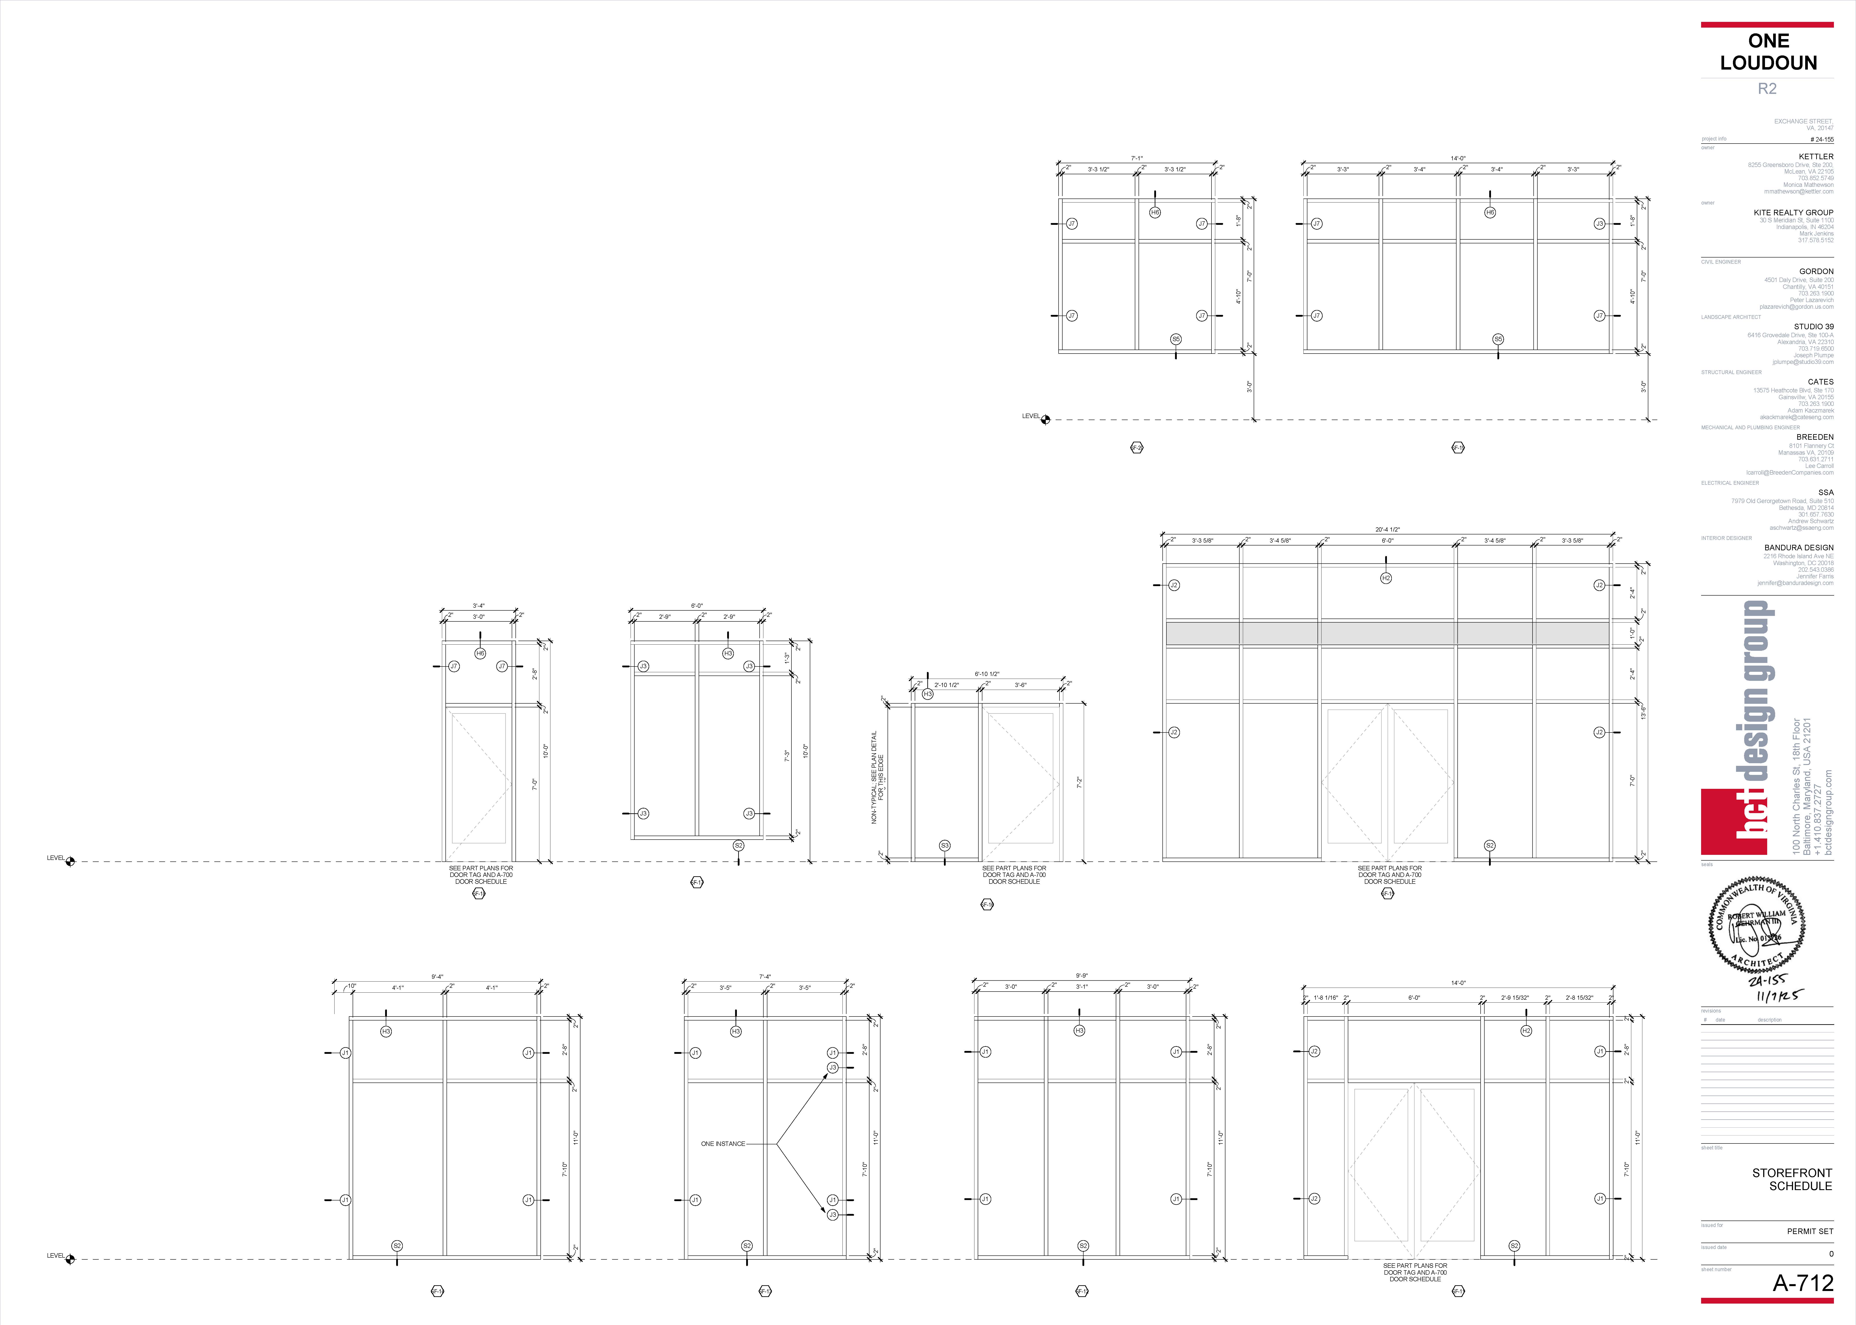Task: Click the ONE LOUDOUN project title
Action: coord(1768,51)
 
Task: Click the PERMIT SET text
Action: coord(1809,1231)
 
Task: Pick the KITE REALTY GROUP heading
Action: coord(1793,212)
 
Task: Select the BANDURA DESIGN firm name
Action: coord(1798,547)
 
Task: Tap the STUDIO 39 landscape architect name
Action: coord(1813,326)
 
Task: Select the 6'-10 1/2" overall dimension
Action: coord(987,674)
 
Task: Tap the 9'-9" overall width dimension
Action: coord(1081,976)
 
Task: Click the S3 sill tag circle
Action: coord(944,845)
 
